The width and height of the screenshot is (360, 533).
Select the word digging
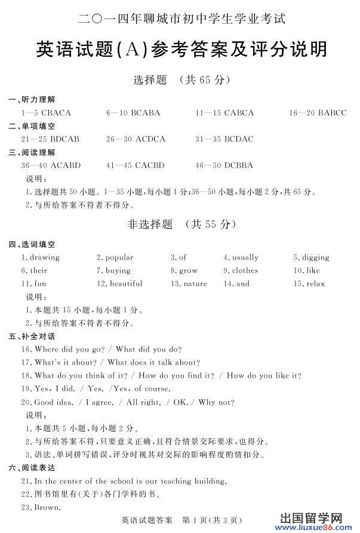click(315, 257)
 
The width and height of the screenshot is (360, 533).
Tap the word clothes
click(245, 270)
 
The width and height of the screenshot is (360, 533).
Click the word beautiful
click(126, 284)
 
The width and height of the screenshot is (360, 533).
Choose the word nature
click(195, 284)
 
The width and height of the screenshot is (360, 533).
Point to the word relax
click(316, 284)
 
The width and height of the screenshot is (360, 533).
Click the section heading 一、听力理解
click(36, 99)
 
